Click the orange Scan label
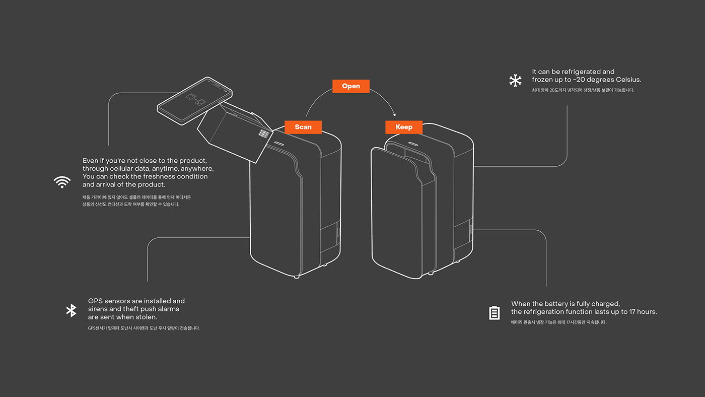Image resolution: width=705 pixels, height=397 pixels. [x=303, y=127]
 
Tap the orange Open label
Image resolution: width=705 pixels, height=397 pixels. [x=351, y=86]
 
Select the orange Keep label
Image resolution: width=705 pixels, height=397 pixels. [x=404, y=127]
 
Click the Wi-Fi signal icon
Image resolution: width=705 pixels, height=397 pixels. [x=62, y=182]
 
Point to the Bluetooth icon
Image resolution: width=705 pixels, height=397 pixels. [x=72, y=310]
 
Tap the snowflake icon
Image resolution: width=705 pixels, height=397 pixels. [x=515, y=81]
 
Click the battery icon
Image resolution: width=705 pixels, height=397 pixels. [x=494, y=313]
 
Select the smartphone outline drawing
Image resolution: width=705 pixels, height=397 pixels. [x=194, y=101]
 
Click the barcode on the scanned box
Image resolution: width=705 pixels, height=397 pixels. [x=264, y=134]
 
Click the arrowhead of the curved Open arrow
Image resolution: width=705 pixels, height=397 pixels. [x=394, y=115]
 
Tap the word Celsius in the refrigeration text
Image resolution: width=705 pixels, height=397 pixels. [x=628, y=80]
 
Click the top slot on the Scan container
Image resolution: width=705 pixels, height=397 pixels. [x=279, y=144]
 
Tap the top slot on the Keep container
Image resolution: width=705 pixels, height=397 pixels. [x=413, y=144]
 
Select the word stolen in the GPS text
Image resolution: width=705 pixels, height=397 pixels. [x=147, y=317]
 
